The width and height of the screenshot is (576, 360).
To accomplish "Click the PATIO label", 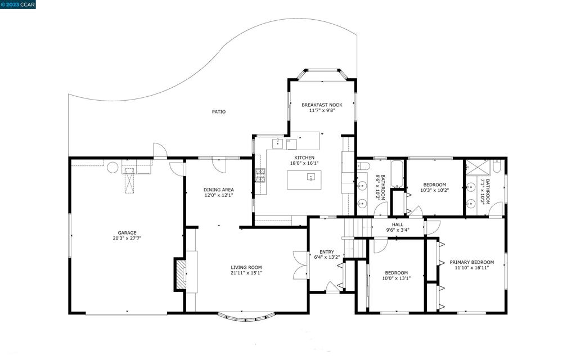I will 219,112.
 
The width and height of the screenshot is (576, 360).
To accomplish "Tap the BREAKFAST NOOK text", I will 322,105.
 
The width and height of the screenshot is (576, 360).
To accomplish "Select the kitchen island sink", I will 310,177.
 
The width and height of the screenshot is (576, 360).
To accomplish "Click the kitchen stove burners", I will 260,176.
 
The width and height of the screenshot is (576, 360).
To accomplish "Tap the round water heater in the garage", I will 112,167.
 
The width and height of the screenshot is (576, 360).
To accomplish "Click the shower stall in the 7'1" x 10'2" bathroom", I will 477,168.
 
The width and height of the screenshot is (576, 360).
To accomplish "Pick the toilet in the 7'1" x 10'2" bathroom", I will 497,166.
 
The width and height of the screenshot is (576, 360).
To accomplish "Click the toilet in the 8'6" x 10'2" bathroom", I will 363,166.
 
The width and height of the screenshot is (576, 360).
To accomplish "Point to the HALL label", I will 397,224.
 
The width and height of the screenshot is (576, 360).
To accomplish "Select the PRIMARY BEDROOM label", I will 471,262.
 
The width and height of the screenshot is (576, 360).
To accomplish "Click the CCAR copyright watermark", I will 19,4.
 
